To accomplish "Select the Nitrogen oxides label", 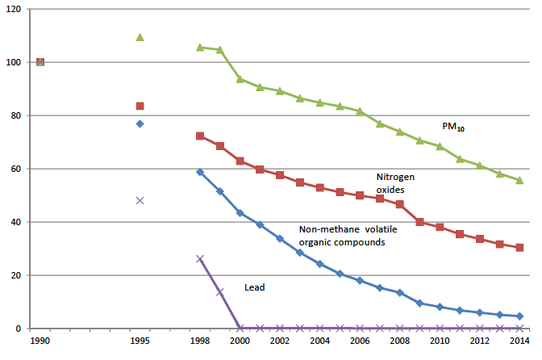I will pyautogui.click(x=395, y=182).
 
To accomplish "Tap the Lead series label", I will pyautogui.click(x=255, y=287).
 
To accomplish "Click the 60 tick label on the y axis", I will pyautogui.click(x=17, y=169).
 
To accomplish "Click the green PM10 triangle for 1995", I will pyautogui.click(x=140, y=37).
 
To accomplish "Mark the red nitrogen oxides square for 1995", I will pyautogui.click(x=140, y=106).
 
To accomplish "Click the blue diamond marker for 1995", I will pyautogui.click(x=140, y=123).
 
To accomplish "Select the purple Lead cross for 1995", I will pyautogui.click(x=140, y=200).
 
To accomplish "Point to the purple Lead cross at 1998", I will pyautogui.click(x=200, y=259).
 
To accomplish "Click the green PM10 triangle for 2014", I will pyautogui.click(x=519, y=180).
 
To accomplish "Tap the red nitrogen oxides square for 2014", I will pyautogui.click(x=519, y=248).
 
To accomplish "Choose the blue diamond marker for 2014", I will pyautogui.click(x=519, y=316).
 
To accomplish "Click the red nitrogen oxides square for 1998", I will pyautogui.click(x=200, y=136).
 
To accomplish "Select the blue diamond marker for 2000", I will pyautogui.click(x=240, y=212).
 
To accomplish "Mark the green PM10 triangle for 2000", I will pyautogui.click(x=240, y=79).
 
